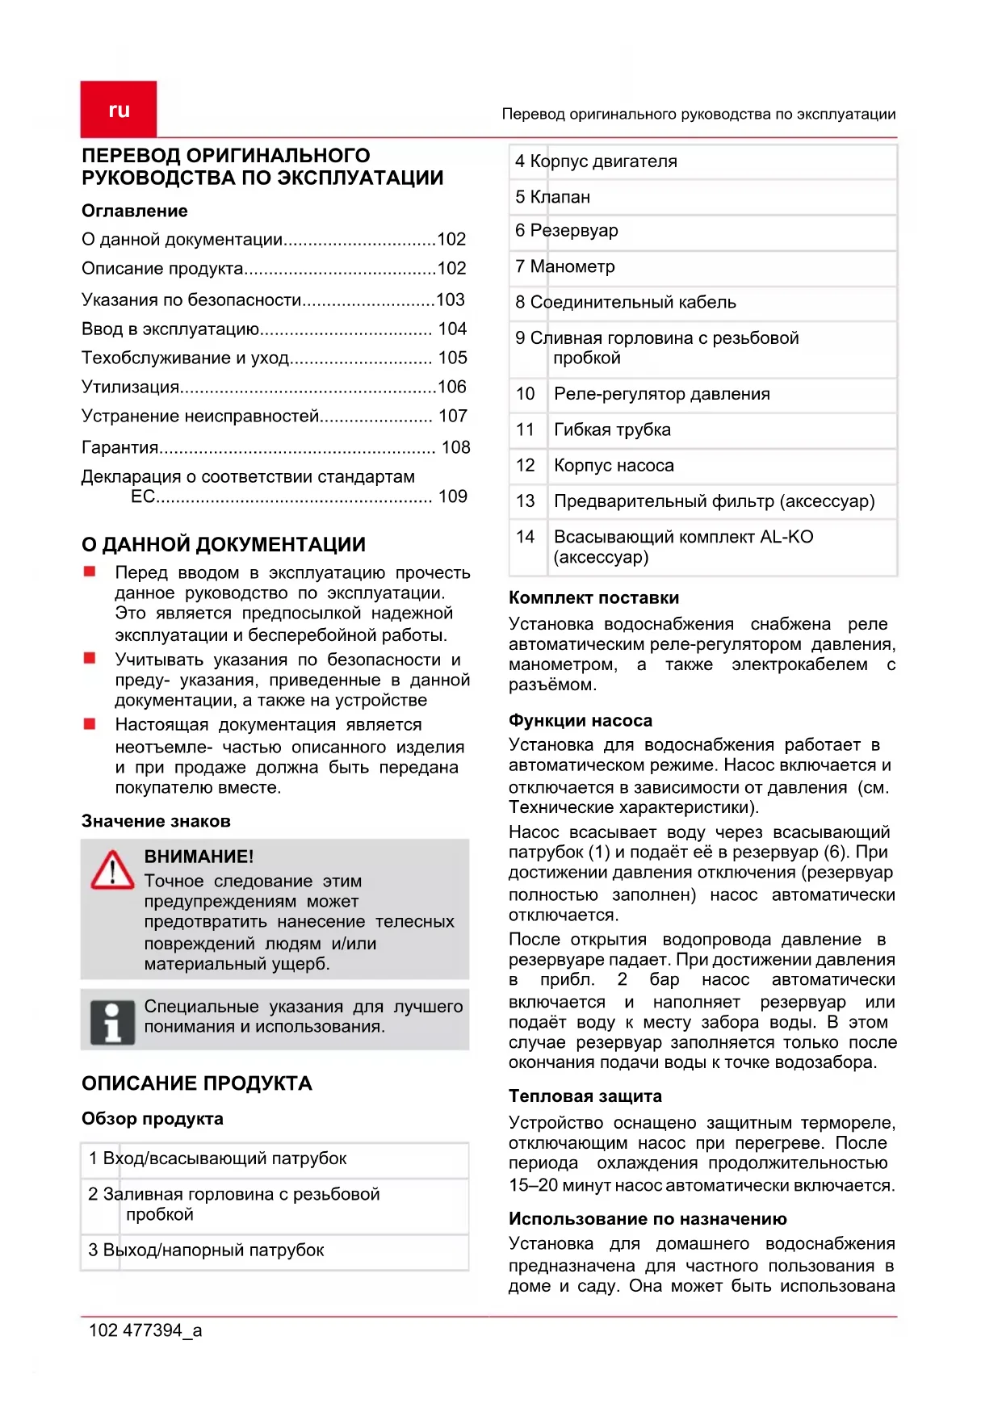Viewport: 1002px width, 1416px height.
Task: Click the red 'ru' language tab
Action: point(119,110)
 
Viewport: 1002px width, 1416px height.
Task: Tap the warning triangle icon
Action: point(112,870)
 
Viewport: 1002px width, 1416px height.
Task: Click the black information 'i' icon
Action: point(112,1022)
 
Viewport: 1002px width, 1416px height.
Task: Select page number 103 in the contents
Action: point(451,300)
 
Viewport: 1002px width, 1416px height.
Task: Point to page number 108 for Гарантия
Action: point(455,447)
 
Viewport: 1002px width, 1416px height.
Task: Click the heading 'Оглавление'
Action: point(135,211)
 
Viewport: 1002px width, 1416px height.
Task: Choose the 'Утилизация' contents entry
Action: point(131,387)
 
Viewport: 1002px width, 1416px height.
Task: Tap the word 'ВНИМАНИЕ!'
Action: point(199,857)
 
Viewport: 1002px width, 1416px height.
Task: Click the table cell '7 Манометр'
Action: point(565,266)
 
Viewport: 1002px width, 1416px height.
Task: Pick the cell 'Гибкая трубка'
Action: point(612,429)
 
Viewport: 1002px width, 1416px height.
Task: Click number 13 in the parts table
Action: point(526,501)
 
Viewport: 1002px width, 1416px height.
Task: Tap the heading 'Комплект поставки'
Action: point(593,598)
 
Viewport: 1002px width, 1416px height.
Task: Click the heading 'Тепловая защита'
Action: point(585,1096)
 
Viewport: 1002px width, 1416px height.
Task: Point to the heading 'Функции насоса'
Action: point(581,721)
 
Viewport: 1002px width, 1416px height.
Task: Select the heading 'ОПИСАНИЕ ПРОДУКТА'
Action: point(196,1083)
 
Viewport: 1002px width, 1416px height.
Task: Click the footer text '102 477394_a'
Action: point(145,1330)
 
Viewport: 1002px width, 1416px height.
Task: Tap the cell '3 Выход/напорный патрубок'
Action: point(207,1251)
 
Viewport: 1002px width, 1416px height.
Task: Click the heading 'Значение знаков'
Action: point(156,821)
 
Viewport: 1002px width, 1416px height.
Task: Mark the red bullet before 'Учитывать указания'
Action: point(90,659)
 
